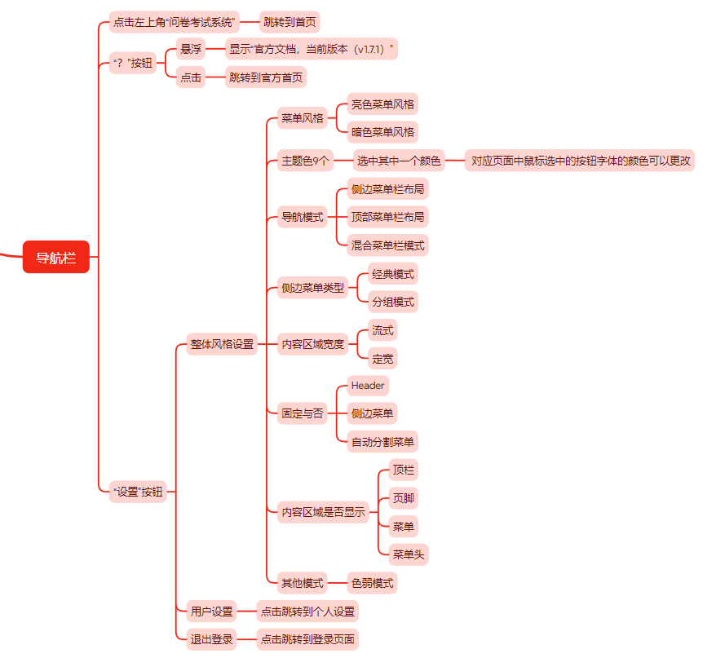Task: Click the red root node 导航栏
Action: pos(56,258)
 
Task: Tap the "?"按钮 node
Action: pos(133,63)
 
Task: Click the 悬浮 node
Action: pos(191,50)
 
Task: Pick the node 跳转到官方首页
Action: pos(266,77)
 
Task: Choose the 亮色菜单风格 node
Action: pos(382,104)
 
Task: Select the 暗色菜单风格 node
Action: pos(382,132)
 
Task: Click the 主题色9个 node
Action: pos(306,161)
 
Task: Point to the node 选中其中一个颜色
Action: pos(399,161)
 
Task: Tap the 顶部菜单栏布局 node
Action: pos(387,217)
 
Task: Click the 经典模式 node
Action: pos(393,274)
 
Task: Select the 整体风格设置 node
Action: pos(222,344)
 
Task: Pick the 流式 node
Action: pos(382,330)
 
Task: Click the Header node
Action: pos(367,385)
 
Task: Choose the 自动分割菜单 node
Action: pos(382,442)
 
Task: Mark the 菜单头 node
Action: pos(408,555)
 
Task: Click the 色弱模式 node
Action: pos(372,583)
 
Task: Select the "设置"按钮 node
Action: pos(139,492)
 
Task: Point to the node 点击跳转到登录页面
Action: pos(307,639)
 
